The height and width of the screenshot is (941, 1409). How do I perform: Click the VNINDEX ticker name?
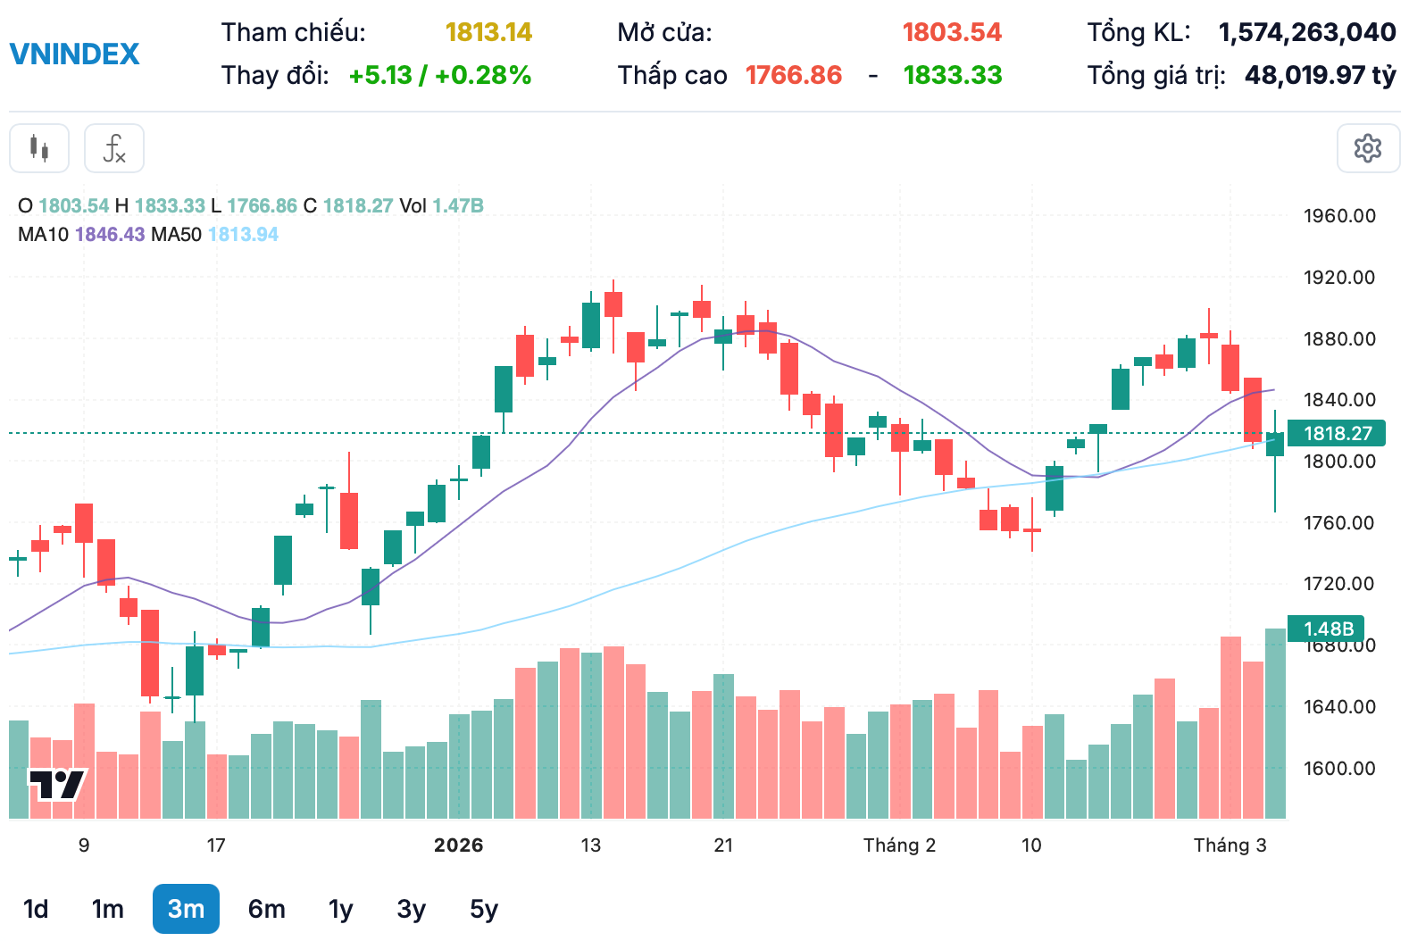pos(74,54)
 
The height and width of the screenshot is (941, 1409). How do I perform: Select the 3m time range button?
pos(186,909)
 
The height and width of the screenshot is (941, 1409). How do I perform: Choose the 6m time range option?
pos(266,909)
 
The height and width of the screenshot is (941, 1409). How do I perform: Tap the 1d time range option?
pos(36,909)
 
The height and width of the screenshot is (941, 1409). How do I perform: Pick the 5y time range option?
pos(483,909)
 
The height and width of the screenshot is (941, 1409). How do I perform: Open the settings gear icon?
pos(1367,148)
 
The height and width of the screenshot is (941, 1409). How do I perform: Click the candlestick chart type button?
pos(39,148)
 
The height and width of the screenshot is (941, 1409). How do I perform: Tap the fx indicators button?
pos(114,148)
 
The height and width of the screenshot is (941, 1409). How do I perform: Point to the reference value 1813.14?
pos(488,32)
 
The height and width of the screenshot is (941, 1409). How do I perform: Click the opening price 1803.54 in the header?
pos(951,32)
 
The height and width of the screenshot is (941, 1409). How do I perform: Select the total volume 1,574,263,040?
pos(1306,32)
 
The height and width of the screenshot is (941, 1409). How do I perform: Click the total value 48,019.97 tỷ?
pos(1320,75)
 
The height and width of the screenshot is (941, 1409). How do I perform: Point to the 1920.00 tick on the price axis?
pos(1338,277)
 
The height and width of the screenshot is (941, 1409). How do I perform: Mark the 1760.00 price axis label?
pos(1338,522)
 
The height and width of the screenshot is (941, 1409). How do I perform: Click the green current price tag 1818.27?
pos(1337,433)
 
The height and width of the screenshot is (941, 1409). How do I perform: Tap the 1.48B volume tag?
pos(1328,629)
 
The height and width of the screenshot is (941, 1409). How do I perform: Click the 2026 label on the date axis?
pos(458,845)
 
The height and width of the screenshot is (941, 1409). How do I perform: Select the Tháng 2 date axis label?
pos(899,845)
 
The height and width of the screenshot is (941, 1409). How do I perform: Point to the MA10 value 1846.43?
pos(110,234)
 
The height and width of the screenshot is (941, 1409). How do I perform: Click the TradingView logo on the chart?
pos(57,785)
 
